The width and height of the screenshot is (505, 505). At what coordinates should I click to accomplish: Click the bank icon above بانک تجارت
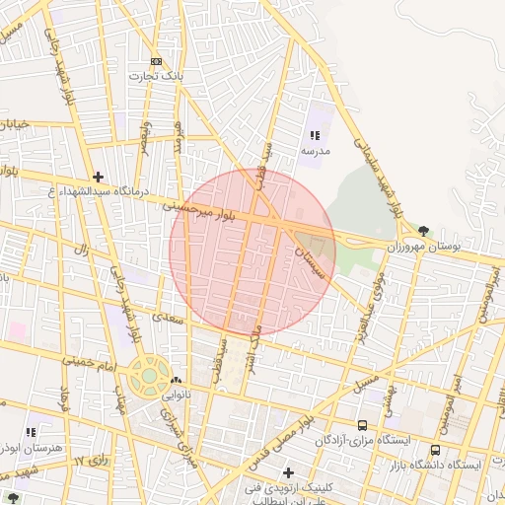155,60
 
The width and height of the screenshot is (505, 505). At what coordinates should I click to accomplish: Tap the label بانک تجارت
155,75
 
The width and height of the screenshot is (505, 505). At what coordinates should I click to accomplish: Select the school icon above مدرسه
315,135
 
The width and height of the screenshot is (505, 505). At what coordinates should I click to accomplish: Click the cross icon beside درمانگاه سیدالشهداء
98,178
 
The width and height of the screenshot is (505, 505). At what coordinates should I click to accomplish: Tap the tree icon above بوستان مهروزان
423,230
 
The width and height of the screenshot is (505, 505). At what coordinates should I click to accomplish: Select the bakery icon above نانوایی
176,380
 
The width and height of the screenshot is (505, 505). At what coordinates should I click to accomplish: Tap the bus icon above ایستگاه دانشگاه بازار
435,450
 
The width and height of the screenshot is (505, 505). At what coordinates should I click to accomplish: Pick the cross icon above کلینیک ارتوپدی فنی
288,473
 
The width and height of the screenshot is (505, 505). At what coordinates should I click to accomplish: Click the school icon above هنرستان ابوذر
32,432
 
